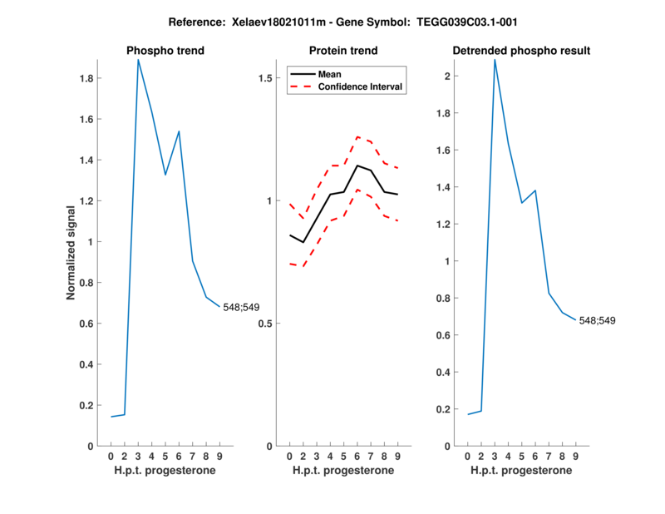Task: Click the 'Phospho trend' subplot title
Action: [x=165, y=51]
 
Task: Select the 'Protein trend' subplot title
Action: [x=343, y=51]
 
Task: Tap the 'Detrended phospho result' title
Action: [x=521, y=51]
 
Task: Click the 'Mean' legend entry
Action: [x=330, y=74]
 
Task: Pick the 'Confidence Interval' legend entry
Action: [x=362, y=86]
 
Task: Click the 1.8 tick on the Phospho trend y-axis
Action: [x=89, y=79]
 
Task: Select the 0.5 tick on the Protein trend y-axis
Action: [x=268, y=324]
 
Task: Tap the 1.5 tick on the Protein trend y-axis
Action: [x=268, y=78]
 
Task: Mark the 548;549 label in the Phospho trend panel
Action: [x=241, y=308]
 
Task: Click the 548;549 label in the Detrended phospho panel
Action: [x=597, y=320]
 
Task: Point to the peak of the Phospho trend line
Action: [x=138, y=60]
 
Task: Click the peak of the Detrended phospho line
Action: [x=495, y=60]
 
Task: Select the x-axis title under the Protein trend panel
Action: [x=343, y=471]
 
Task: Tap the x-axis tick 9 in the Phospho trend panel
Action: [x=219, y=457]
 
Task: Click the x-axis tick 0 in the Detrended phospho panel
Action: [x=467, y=457]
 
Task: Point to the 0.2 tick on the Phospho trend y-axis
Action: [x=89, y=406]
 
